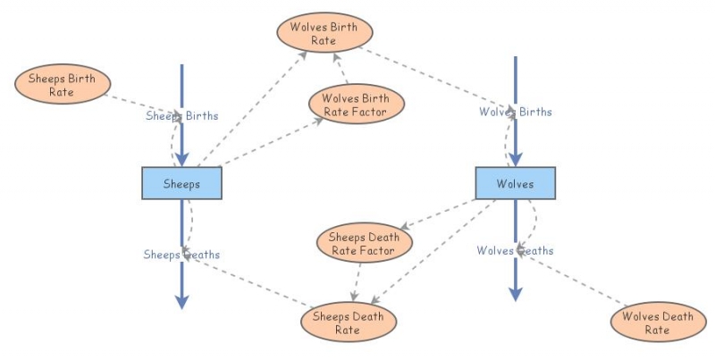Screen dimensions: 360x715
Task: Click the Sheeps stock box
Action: point(181,183)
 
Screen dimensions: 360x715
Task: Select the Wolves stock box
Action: point(515,183)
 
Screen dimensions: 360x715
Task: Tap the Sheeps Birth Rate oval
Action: point(63,84)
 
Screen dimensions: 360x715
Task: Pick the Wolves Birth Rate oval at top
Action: point(323,33)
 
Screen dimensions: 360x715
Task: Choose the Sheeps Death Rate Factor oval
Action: point(365,244)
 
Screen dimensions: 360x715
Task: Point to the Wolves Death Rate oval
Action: point(658,322)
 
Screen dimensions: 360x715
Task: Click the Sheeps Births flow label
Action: point(182,115)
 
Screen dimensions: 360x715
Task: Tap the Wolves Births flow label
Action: point(516,112)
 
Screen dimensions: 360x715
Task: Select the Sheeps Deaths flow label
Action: point(181,255)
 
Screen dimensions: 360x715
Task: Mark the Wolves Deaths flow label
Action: point(515,250)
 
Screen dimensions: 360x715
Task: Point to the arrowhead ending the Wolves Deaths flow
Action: point(515,294)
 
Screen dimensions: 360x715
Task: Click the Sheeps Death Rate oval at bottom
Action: point(348,322)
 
